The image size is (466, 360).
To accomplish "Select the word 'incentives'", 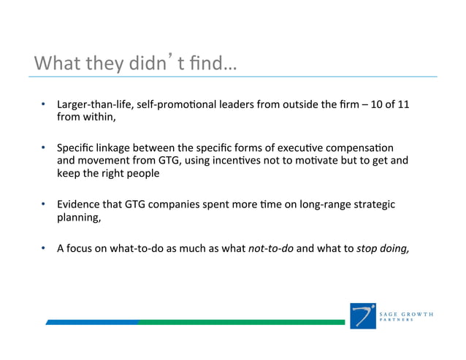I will click(242, 158).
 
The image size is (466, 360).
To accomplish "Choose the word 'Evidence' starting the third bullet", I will click(79, 204).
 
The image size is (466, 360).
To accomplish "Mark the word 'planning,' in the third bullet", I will click(79, 218).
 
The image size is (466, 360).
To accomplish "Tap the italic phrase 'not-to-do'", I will click(271, 248).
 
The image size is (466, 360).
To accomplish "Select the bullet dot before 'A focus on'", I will click(45, 248).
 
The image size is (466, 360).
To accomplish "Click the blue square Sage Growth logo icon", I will click(363, 315).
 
